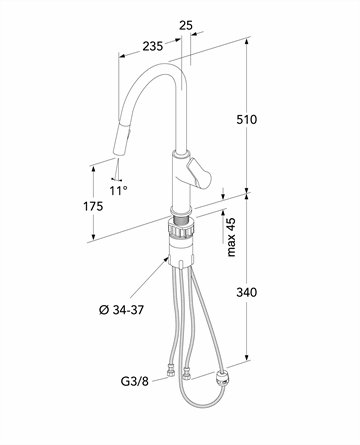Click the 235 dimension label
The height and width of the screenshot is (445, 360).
tap(153, 46)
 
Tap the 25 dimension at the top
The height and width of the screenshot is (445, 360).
tap(186, 25)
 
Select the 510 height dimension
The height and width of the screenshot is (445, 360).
tap(247, 119)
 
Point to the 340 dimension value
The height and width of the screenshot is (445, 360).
tap(247, 292)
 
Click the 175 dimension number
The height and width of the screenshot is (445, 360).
tap(93, 207)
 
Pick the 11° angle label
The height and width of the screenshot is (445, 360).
tap(119, 191)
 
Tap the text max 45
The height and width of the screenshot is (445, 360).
tap(231, 237)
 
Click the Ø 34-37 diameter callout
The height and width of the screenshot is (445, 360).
tap(121, 310)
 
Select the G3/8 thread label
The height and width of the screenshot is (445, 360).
tap(135, 381)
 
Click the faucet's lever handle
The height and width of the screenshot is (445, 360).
tap(199, 173)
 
